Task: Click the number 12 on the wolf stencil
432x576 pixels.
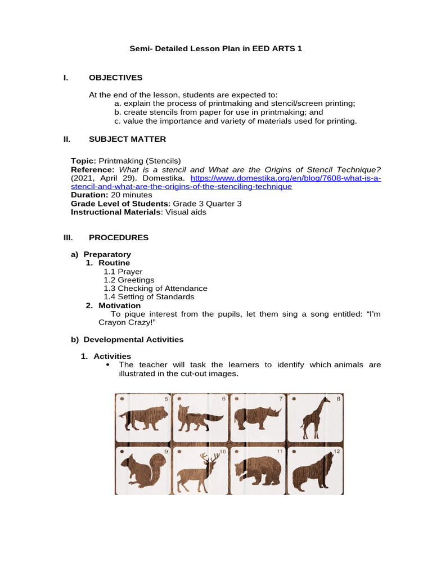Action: coord(336,451)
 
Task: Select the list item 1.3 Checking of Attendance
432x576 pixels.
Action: coord(155,288)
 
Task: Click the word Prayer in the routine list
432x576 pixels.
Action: coord(130,271)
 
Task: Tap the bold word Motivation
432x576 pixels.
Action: coord(119,305)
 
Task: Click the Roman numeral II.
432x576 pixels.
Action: coord(67,139)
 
